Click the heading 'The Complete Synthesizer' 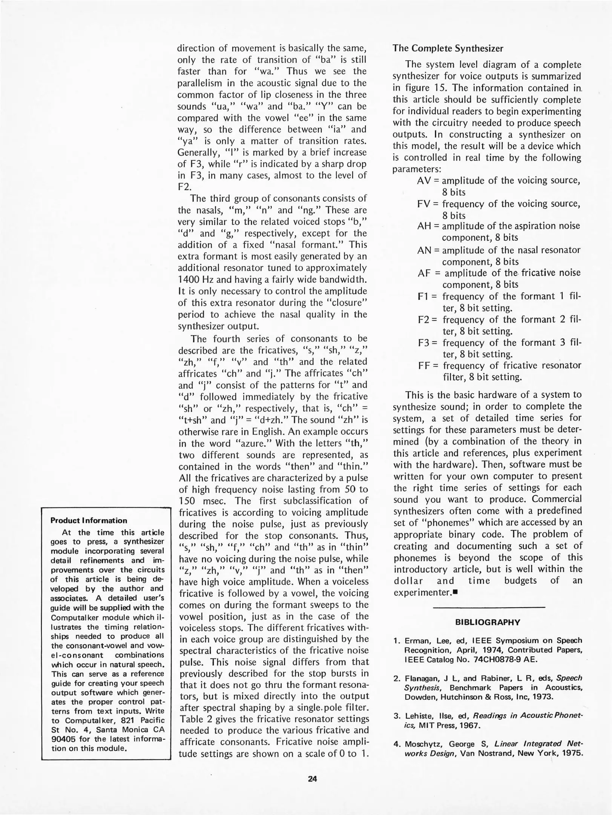coord(448,48)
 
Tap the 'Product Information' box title coord(89,521)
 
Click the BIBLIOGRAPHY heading coord(488,623)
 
